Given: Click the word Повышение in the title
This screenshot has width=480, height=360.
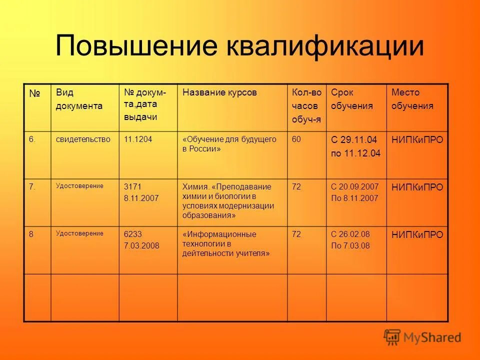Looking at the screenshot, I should [136, 46].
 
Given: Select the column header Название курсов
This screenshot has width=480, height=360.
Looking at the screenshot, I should [219, 92].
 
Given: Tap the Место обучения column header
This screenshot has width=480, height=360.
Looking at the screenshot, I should [412, 99].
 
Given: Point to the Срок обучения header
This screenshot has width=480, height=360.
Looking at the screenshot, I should [351, 99].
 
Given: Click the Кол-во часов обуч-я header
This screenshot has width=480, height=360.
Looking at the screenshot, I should [306, 105].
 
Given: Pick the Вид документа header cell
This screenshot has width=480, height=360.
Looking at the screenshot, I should [79, 99].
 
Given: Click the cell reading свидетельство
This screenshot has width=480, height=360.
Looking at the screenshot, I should [83, 139].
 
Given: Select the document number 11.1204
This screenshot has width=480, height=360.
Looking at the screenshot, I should [138, 139].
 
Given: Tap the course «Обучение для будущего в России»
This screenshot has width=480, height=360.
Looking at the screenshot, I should [229, 144].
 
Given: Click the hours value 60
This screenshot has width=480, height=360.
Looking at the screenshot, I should [296, 139].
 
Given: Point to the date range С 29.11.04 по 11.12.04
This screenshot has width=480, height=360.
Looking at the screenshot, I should [355, 146].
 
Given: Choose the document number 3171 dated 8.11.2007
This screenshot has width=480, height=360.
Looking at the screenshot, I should [141, 192].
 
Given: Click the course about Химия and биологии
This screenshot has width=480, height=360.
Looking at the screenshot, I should [228, 201].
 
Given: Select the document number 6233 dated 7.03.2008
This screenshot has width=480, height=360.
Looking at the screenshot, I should [141, 239].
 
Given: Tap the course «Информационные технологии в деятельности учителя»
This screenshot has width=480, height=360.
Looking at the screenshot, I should [226, 243].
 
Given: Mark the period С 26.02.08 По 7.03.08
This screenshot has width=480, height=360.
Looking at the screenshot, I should [350, 239].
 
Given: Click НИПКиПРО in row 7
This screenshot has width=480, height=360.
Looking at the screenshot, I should [417, 187].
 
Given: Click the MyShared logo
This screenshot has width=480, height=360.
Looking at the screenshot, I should [422, 337].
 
